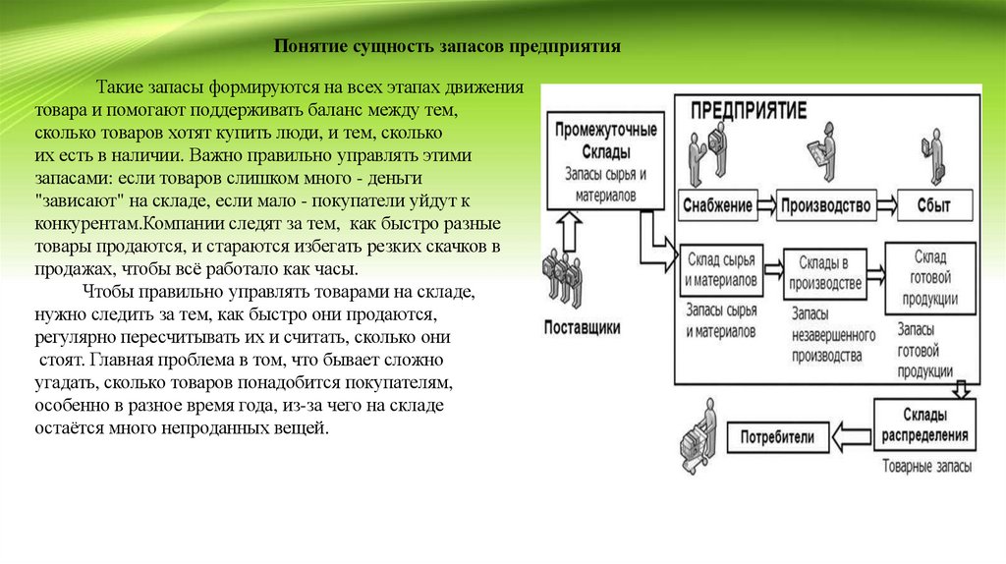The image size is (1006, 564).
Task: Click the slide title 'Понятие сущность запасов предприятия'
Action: pos(447,46)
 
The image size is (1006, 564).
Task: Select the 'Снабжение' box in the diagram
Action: pos(716,205)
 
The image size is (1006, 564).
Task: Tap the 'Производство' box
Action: pos(826,205)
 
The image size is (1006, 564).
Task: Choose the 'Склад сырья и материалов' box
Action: pos(721,269)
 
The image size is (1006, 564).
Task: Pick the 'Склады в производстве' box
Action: pos(823,274)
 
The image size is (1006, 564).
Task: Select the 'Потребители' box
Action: pos(776,435)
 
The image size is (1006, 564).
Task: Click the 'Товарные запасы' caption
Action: pos(927,465)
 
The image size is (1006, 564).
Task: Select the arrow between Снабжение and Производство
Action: pos(765,205)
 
